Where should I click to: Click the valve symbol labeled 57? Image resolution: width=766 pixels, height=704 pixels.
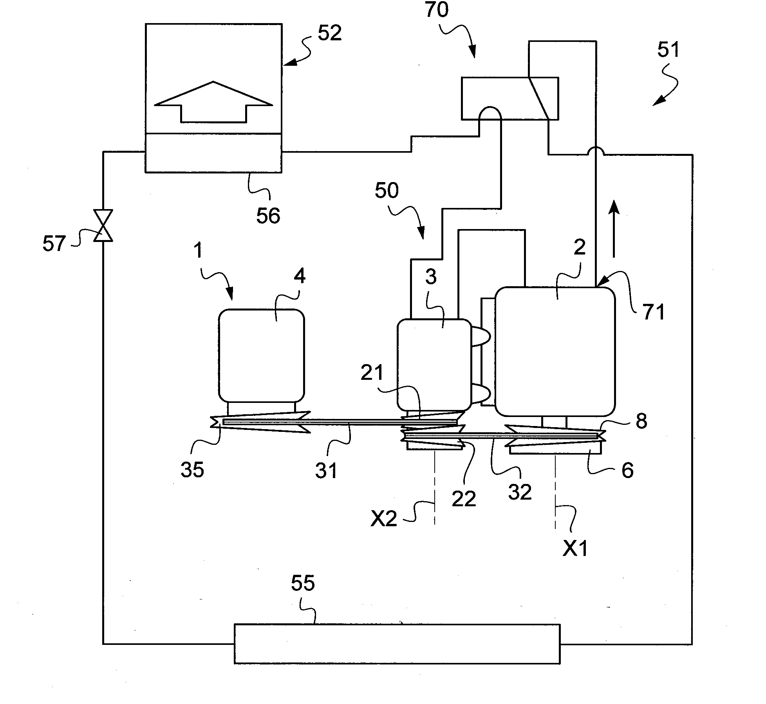click(103, 226)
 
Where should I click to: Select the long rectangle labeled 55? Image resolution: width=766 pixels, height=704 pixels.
click(397, 644)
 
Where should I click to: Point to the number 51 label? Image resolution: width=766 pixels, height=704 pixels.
click(668, 50)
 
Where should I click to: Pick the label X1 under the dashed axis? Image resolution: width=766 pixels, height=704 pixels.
click(575, 549)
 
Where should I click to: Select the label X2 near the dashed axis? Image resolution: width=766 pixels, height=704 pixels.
click(384, 519)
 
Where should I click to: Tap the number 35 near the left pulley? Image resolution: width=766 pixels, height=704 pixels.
click(192, 469)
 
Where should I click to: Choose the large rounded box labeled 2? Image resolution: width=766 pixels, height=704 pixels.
click(555, 351)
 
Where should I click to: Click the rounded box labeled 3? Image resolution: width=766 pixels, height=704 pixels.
click(434, 364)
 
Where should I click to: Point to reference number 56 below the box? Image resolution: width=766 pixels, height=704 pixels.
click(268, 216)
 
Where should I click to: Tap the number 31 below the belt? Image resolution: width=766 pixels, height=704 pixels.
click(327, 470)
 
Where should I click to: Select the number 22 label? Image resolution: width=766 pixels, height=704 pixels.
click(464, 499)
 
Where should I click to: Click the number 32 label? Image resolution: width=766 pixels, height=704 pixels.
click(520, 492)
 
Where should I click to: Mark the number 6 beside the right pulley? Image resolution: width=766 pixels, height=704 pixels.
click(627, 470)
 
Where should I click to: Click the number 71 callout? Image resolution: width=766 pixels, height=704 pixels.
click(654, 312)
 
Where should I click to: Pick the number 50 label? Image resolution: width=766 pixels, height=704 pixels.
click(387, 191)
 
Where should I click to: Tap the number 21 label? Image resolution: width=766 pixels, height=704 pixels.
click(372, 372)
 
